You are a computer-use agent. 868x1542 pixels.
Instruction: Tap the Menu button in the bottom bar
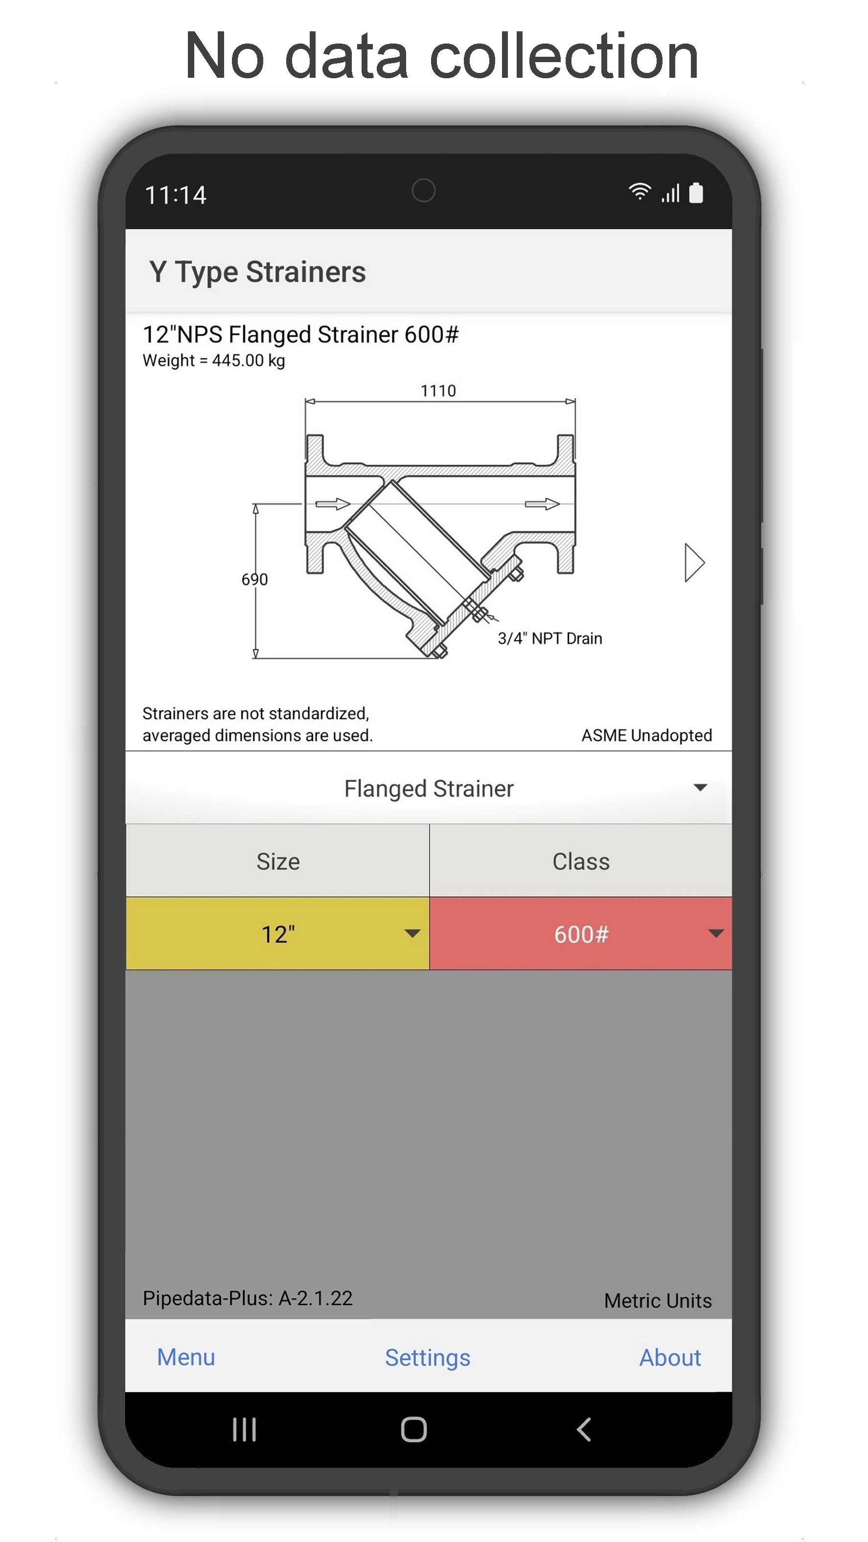(x=185, y=1357)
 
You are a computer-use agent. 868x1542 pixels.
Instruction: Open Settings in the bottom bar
(x=428, y=1358)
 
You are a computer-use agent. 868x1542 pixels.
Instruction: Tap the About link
(x=670, y=1357)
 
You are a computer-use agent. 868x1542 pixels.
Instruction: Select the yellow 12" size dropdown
(x=278, y=933)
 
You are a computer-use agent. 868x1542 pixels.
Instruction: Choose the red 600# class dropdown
(x=581, y=933)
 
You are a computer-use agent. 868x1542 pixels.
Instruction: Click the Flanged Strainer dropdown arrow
(x=700, y=787)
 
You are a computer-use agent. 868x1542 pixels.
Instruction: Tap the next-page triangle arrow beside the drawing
(x=694, y=562)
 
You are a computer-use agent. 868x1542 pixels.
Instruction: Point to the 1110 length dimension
(x=438, y=391)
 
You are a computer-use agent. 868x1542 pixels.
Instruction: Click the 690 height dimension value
(x=254, y=579)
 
